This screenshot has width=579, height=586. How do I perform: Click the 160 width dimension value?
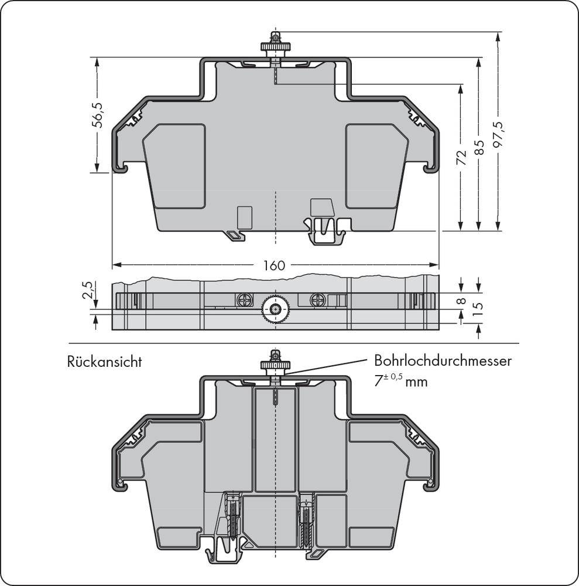[273, 265]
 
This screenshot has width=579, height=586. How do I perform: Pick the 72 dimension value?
[461, 157]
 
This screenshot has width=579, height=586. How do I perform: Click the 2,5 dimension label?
[87, 291]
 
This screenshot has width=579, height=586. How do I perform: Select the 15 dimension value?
[478, 308]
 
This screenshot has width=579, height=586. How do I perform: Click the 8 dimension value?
[461, 301]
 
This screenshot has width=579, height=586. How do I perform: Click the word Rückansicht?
[105, 362]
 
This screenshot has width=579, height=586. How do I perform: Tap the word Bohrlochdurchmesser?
[443, 361]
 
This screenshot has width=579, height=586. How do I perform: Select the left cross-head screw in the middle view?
[244, 300]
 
